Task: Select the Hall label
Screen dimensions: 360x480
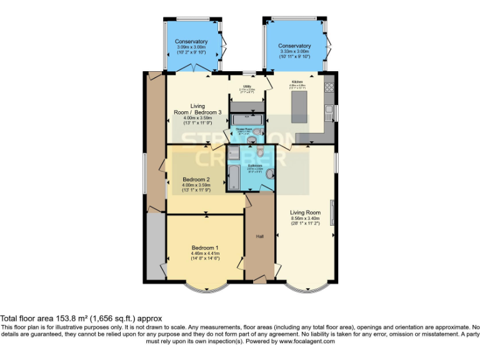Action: point(259,237)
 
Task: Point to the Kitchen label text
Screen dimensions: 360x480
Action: point(297,82)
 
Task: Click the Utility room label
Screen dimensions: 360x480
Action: point(247,86)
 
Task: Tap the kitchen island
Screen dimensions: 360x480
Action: point(299,107)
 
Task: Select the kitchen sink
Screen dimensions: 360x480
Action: point(328,111)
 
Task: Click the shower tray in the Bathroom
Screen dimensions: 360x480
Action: point(233,154)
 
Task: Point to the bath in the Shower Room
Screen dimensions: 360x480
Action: point(247,119)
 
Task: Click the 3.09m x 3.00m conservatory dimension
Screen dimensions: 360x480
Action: point(191,47)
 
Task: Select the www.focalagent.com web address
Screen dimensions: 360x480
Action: point(307,341)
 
